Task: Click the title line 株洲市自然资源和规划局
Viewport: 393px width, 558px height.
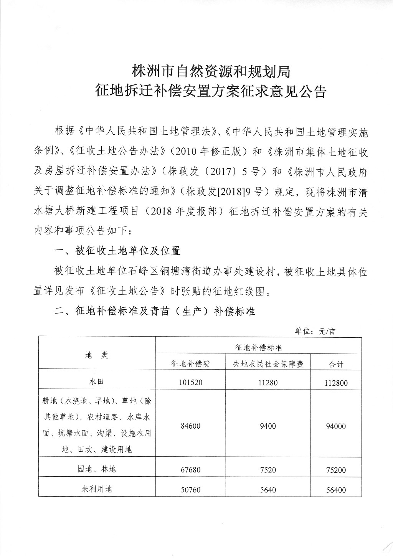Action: coord(211,71)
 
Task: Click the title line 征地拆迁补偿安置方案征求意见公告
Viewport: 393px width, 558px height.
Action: coord(211,92)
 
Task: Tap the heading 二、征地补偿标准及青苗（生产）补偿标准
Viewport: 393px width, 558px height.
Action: coord(155,311)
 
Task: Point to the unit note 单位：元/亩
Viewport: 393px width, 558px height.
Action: coord(315,331)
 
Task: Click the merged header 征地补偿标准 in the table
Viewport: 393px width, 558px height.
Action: coord(258,347)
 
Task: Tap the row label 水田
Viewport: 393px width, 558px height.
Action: coord(97,382)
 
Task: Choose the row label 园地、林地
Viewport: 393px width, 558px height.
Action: coord(97,469)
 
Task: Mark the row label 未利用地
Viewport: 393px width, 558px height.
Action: coord(97,489)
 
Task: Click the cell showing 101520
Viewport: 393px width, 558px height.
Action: coord(190,383)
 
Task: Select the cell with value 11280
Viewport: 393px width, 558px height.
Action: coord(268,383)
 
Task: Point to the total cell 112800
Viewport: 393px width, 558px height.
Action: coord(336,383)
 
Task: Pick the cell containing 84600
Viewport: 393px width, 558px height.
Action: coord(190,426)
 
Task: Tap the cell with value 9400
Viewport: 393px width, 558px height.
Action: coord(268,426)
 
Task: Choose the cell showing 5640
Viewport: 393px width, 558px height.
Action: coord(268,490)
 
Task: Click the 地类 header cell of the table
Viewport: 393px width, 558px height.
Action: coord(97,355)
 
